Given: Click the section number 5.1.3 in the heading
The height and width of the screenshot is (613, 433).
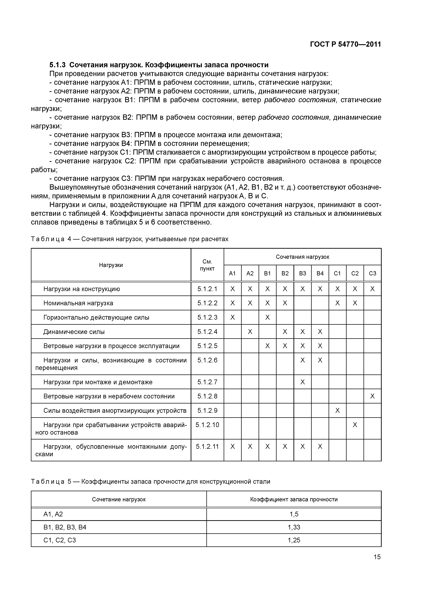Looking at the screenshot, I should coord(58,65).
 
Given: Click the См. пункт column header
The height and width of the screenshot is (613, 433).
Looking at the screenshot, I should coord(207,265).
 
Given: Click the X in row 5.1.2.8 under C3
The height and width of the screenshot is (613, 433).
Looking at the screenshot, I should coord(372,396).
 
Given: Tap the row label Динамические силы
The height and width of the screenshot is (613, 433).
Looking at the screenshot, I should coord(74,332).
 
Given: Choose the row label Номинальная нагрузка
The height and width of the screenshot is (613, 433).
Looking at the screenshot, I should coord(78,303).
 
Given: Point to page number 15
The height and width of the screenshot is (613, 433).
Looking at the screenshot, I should coord(377,557).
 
